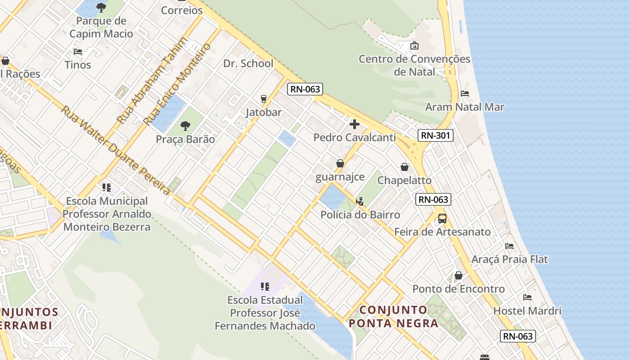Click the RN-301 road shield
pyautogui.click(x=435, y=135)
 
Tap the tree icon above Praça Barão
pyautogui.click(x=185, y=126)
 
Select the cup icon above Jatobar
pyautogui.click(x=264, y=99)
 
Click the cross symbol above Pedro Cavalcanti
pyautogui.click(x=355, y=124)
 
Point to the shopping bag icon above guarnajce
pyautogui.click(x=340, y=163)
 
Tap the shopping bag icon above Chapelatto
pyautogui.click(x=405, y=167)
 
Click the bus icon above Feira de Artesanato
pyautogui.click(x=442, y=219)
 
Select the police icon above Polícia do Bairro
pyautogui.click(x=360, y=201)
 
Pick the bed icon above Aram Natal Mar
pyautogui.click(x=465, y=94)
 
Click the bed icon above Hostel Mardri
pyautogui.click(x=527, y=297)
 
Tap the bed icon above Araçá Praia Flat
pyautogui.click(x=509, y=246)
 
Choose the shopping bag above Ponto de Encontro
pyautogui.click(x=459, y=275)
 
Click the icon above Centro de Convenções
pyautogui.click(x=414, y=45)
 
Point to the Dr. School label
pyautogui.click(x=248, y=63)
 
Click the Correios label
pyautogui.click(x=182, y=10)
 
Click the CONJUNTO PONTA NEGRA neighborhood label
pyautogui.click(x=394, y=316)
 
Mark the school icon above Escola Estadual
pyautogui.click(x=265, y=286)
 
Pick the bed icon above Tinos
pyautogui.click(x=78, y=52)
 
